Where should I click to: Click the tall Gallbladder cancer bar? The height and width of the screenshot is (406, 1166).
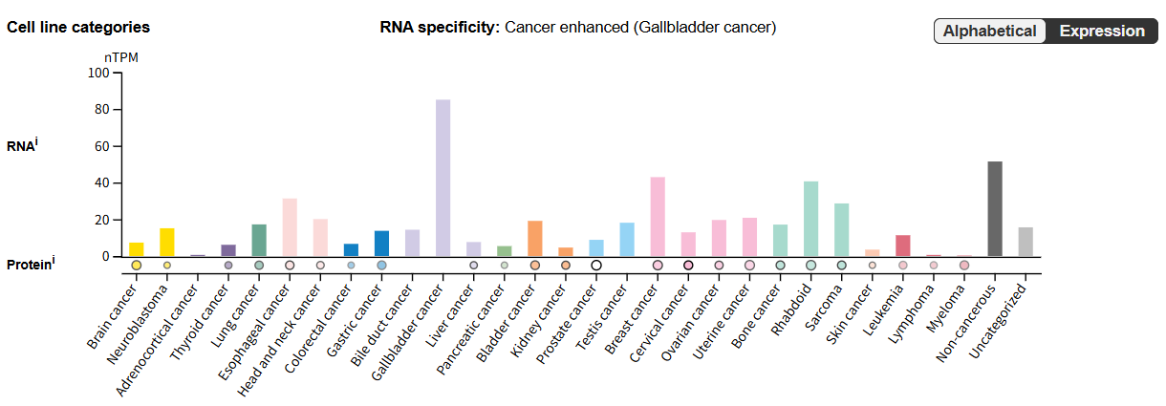tap(443, 178)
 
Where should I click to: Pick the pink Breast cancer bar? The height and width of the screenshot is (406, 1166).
tap(658, 216)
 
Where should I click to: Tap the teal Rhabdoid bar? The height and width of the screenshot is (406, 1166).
tap(810, 218)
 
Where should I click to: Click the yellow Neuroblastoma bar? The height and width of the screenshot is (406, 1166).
tap(167, 242)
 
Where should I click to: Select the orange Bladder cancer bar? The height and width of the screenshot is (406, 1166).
tap(535, 238)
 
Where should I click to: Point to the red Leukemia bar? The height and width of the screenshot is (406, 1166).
tap(903, 246)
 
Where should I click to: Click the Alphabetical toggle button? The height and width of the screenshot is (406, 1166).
tap(989, 32)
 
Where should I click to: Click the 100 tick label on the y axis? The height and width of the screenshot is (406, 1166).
tap(97, 73)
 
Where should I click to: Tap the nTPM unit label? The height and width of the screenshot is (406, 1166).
tap(121, 57)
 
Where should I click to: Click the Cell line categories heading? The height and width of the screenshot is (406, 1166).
tap(78, 28)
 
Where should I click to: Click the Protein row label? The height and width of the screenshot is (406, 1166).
tap(29, 265)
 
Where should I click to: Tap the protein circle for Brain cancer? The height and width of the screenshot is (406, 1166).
tap(137, 266)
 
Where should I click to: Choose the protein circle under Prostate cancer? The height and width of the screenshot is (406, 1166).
tap(596, 266)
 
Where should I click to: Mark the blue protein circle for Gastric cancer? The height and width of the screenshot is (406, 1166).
tap(381, 266)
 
